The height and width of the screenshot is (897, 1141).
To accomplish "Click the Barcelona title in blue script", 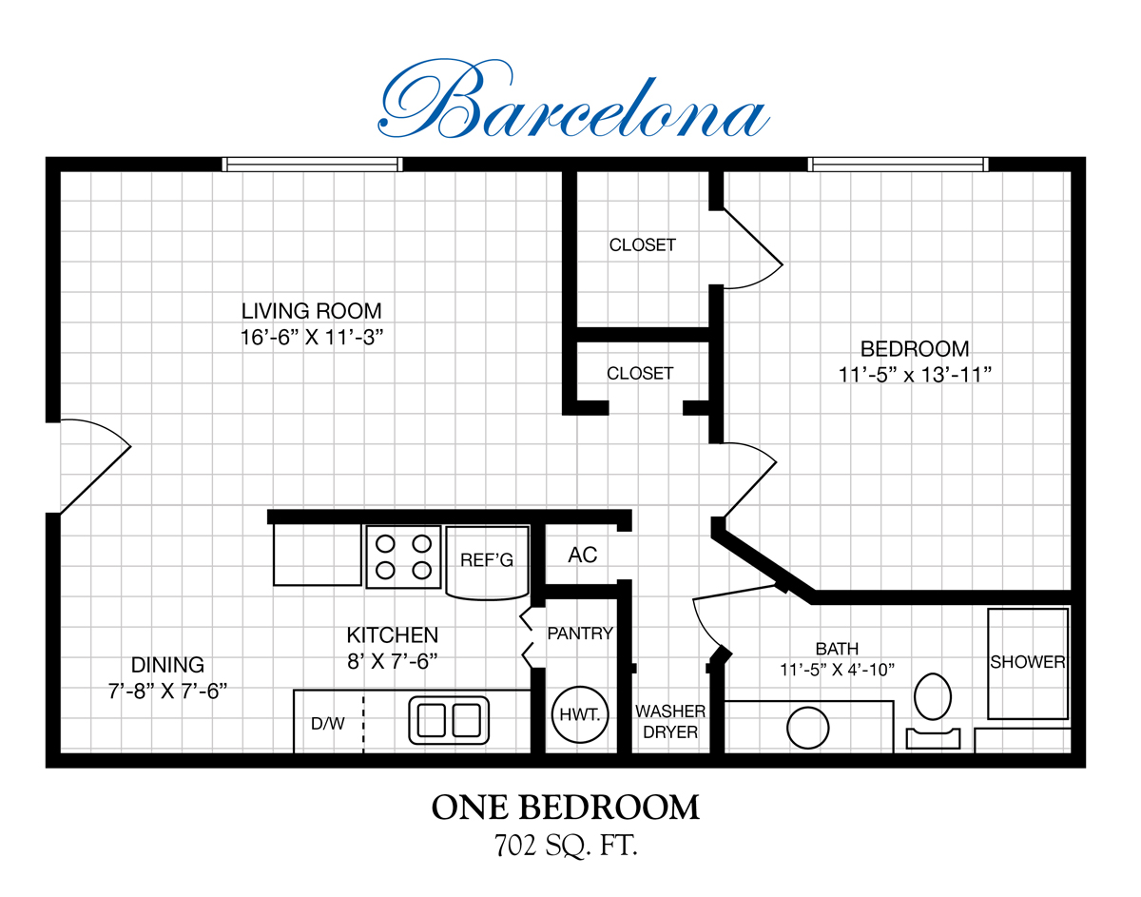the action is click(x=574, y=100).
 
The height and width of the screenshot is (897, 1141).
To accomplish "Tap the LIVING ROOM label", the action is click(x=311, y=311).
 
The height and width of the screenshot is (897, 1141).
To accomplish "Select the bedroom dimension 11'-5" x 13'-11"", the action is click(x=915, y=375).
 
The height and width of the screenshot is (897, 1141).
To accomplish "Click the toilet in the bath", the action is click(x=933, y=712).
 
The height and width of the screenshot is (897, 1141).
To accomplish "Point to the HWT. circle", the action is click(x=580, y=714).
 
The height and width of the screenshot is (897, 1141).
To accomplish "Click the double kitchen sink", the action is click(x=449, y=720).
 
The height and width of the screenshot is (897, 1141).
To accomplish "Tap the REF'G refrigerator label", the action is click(x=487, y=560).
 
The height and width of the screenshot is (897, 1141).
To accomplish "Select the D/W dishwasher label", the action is click(x=328, y=724).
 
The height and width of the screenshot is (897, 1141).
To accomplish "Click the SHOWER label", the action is click(x=1028, y=662).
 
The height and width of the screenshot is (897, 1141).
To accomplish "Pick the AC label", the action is click(x=582, y=555).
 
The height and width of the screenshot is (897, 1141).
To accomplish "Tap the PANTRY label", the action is click(x=580, y=634).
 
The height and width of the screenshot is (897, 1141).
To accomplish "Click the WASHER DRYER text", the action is click(x=670, y=722).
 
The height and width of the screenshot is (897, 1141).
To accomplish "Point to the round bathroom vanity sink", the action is click(x=807, y=728).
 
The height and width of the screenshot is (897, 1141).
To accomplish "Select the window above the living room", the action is click(x=312, y=165).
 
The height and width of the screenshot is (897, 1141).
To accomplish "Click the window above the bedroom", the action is click(x=898, y=165).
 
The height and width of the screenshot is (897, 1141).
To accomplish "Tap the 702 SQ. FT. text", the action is click(x=566, y=846).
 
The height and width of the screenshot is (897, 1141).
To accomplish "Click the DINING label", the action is click(x=167, y=665).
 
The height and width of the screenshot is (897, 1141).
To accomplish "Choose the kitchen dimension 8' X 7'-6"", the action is click(x=393, y=661).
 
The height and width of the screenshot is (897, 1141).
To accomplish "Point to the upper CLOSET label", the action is click(x=642, y=244).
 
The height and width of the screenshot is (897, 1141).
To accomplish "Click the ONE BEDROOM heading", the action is click(x=566, y=808).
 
